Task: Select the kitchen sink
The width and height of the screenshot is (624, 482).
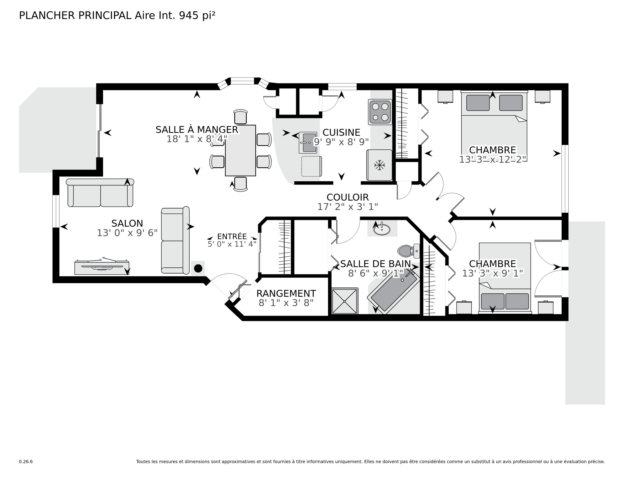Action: [x=308, y=143]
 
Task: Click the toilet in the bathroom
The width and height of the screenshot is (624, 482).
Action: [x=406, y=251]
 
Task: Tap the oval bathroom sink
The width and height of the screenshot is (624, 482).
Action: [x=382, y=229]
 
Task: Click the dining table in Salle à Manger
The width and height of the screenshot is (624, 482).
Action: [x=240, y=150]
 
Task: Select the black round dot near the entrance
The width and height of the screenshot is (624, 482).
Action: [x=198, y=268]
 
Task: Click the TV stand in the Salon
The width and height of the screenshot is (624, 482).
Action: [x=102, y=267]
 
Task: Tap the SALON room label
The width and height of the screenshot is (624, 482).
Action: [x=127, y=223]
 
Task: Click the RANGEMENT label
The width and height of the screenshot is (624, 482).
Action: [x=286, y=294]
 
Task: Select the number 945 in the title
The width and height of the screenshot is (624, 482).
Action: [x=189, y=16]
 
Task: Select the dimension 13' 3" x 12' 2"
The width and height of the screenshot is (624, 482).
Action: [x=492, y=159]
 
